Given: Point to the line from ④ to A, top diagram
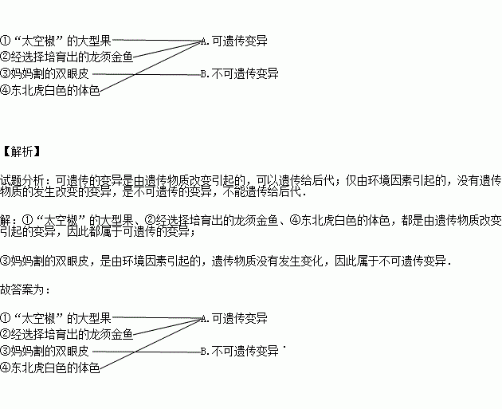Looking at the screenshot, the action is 151,66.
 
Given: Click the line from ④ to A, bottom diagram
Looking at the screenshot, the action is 151,344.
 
